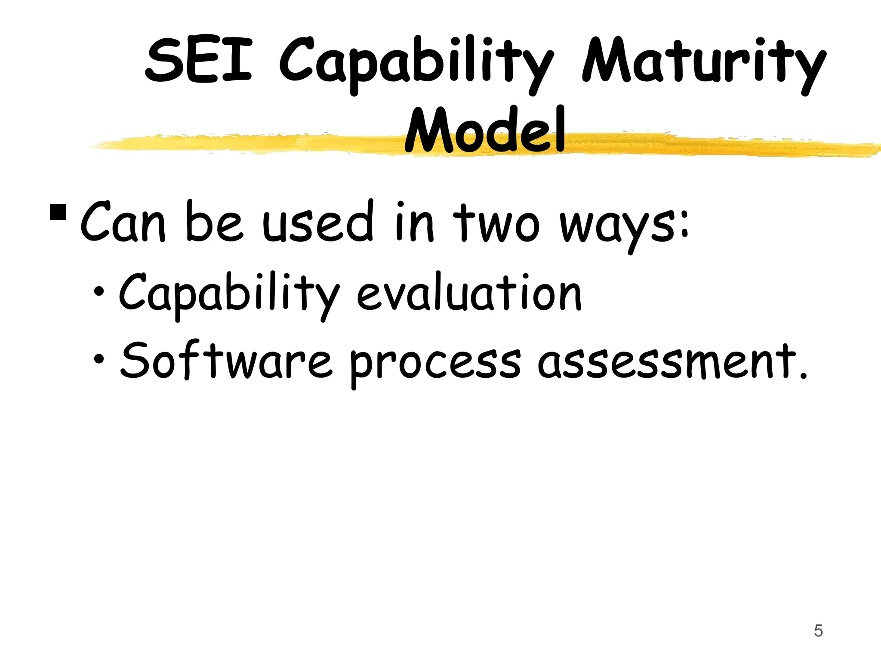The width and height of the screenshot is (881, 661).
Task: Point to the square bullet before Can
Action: (58, 212)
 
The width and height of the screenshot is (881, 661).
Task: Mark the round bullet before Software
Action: (99, 358)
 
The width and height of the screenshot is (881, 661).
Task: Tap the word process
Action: (435, 364)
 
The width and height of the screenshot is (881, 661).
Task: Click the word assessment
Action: (667, 361)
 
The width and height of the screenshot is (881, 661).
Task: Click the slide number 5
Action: (818, 631)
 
